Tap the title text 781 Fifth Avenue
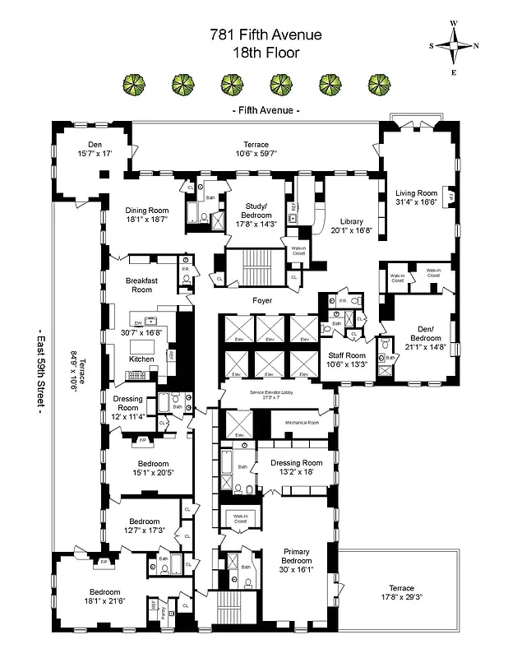coord(253,35)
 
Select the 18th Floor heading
coord(253,52)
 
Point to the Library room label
coord(351,220)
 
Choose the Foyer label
coord(262,300)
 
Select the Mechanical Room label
coord(301,423)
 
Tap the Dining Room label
coord(146,211)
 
